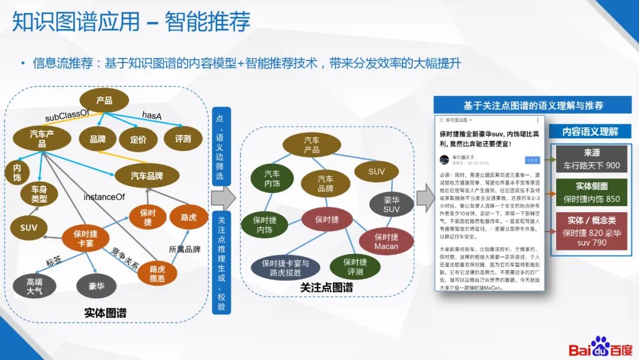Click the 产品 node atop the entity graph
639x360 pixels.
[x=104, y=100]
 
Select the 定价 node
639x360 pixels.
[x=138, y=139]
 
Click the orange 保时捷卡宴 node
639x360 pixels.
[x=86, y=239]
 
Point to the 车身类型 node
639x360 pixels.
[x=38, y=194]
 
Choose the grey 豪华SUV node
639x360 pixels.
[x=391, y=204]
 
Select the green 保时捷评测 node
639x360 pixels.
[x=355, y=266]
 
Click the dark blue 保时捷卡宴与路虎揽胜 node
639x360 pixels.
[x=285, y=268]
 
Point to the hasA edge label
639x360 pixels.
[x=151, y=115]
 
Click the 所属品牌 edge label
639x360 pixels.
[x=185, y=249]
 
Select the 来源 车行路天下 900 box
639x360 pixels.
[x=592, y=159]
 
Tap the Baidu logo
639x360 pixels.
[x=600, y=347]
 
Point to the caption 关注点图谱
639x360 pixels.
[x=327, y=288]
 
